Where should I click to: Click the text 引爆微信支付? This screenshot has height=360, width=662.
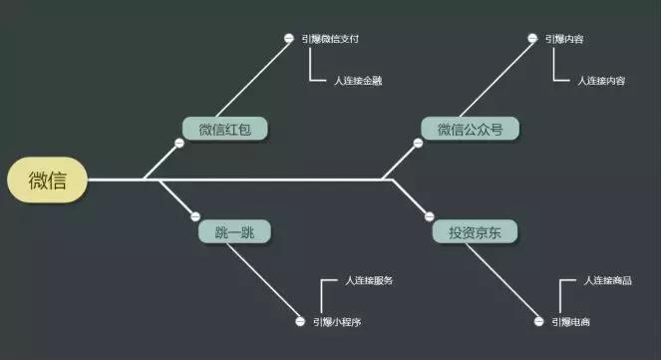pyautogui.click(x=330, y=39)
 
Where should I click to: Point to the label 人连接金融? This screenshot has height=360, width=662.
pyautogui.click(x=358, y=80)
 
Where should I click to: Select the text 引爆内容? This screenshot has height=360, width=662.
pyautogui.click(x=564, y=39)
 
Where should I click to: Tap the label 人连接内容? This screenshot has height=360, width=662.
pyautogui.click(x=601, y=80)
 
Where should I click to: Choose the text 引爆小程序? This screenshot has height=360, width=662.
pyautogui.click(x=337, y=322)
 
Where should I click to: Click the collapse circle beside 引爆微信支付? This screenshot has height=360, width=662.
pyautogui.click(x=289, y=39)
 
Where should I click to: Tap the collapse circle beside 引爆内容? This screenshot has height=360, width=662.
pyautogui.click(x=532, y=39)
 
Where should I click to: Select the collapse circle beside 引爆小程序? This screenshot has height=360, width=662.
pyautogui.click(x=300, y=322)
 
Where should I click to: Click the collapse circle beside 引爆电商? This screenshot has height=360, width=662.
pyautogui.click(x=542, y=322)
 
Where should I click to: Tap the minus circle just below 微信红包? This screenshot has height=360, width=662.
pyautogui.click(x=179, y=144)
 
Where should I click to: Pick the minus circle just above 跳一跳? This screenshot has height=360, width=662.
pyautogui.click(x=195, y=216)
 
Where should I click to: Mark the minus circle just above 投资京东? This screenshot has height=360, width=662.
pyautogui.click(x=429, y=215)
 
